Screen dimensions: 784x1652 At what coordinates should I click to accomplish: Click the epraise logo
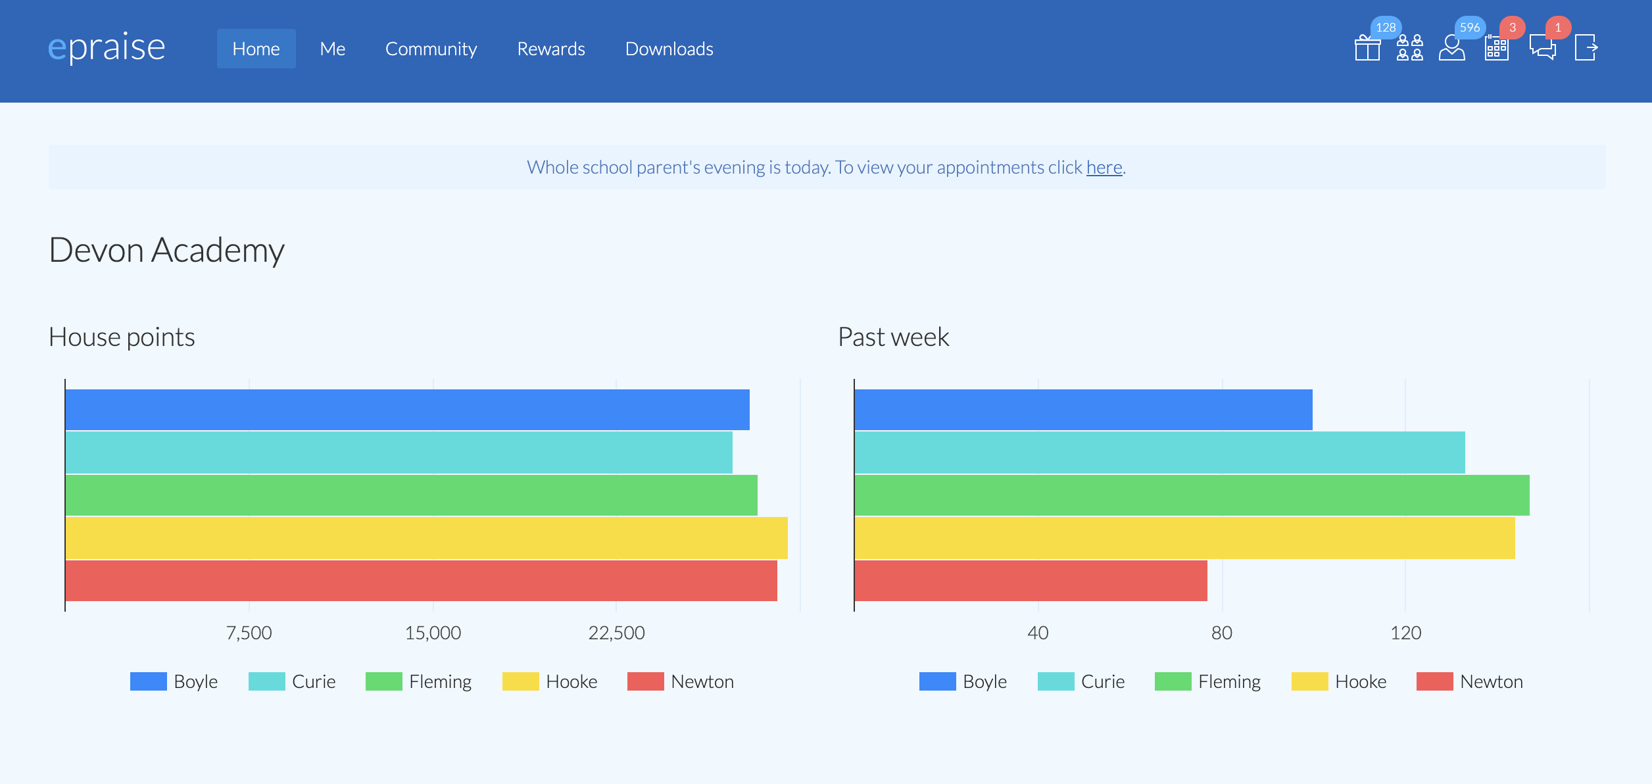click(x=107, y=47)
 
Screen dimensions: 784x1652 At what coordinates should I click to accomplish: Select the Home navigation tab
click(x=256, y=49)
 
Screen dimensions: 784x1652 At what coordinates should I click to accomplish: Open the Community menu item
click(x=431, y=49)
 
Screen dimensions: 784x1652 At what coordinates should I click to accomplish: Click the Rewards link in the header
click(x=550, y=49)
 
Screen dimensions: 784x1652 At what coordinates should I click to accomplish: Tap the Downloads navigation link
click(x=669, y=49)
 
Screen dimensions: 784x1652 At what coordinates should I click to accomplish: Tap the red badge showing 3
click(x=1512, y=28)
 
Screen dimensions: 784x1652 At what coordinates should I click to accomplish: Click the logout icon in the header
click(x=1586, y=47)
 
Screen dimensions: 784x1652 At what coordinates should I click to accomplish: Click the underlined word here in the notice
click(x=1104, y=168)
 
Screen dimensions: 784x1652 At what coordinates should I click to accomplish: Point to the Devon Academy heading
click(x=166, y=250)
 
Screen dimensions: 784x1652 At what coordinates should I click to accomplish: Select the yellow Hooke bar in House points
click(x=426, y=538)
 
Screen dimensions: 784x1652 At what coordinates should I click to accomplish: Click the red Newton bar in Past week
click(x=1031, y=581)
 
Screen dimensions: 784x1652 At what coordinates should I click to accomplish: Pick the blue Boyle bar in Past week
click(x=1083, y=410)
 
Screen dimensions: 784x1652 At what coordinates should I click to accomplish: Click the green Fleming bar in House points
click(x=411, y=495)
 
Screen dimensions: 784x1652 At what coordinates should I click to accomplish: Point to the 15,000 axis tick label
click(x=433, y=633)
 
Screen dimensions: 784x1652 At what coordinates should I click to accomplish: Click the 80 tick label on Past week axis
click(x=1221, y=633)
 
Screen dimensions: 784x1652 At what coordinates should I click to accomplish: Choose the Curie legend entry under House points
click(x=293, y=681)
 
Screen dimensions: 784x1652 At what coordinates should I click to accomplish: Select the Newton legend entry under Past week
click(x=1470, y=681)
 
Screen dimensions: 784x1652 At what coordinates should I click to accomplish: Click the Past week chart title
click(x=893, y=337)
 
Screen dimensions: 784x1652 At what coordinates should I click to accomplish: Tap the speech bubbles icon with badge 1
click(x=1542, y=47)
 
